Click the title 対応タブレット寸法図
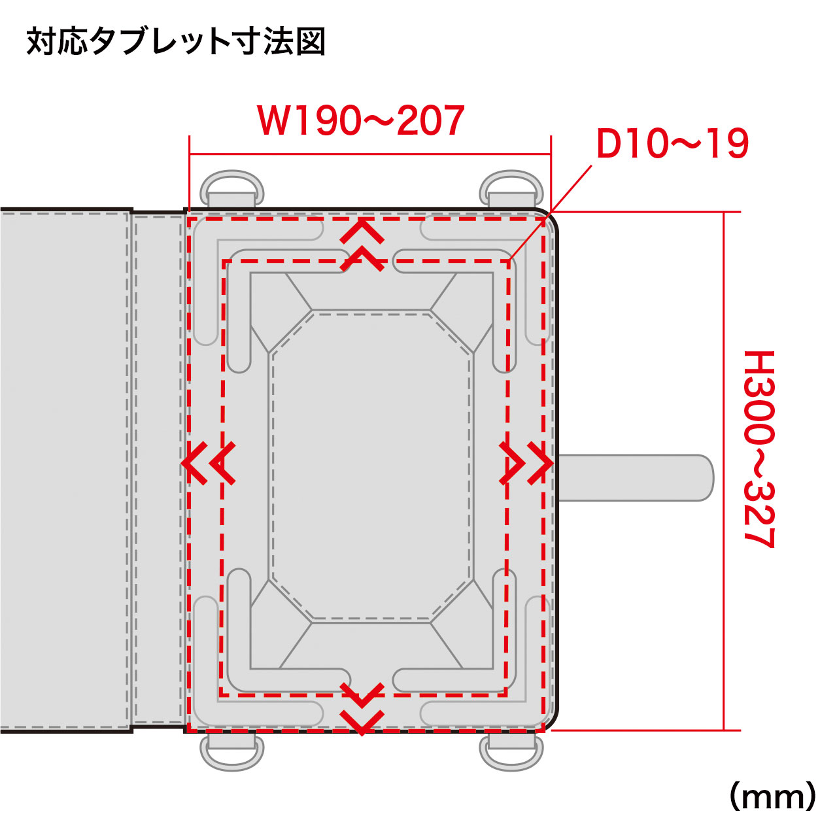pyautogui.click(x=176, y=43)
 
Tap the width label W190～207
pyautogui.click(x=360, y=120)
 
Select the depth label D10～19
pyautogui.click(x=673, y=144)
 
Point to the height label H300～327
pyautogui.click(x=759, y=449)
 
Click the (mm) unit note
pyautogui.click(x=773, y=796)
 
